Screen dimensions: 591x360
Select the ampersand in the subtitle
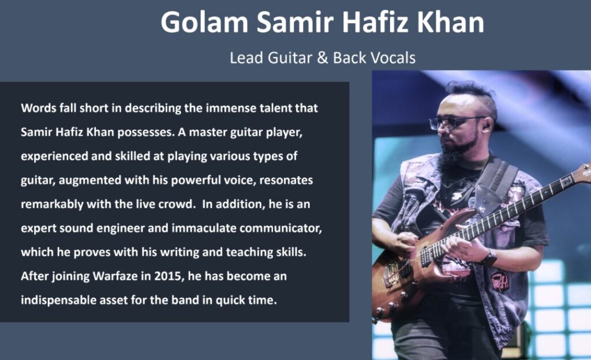coord(323,58)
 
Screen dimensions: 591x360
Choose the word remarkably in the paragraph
coord(52,204)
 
